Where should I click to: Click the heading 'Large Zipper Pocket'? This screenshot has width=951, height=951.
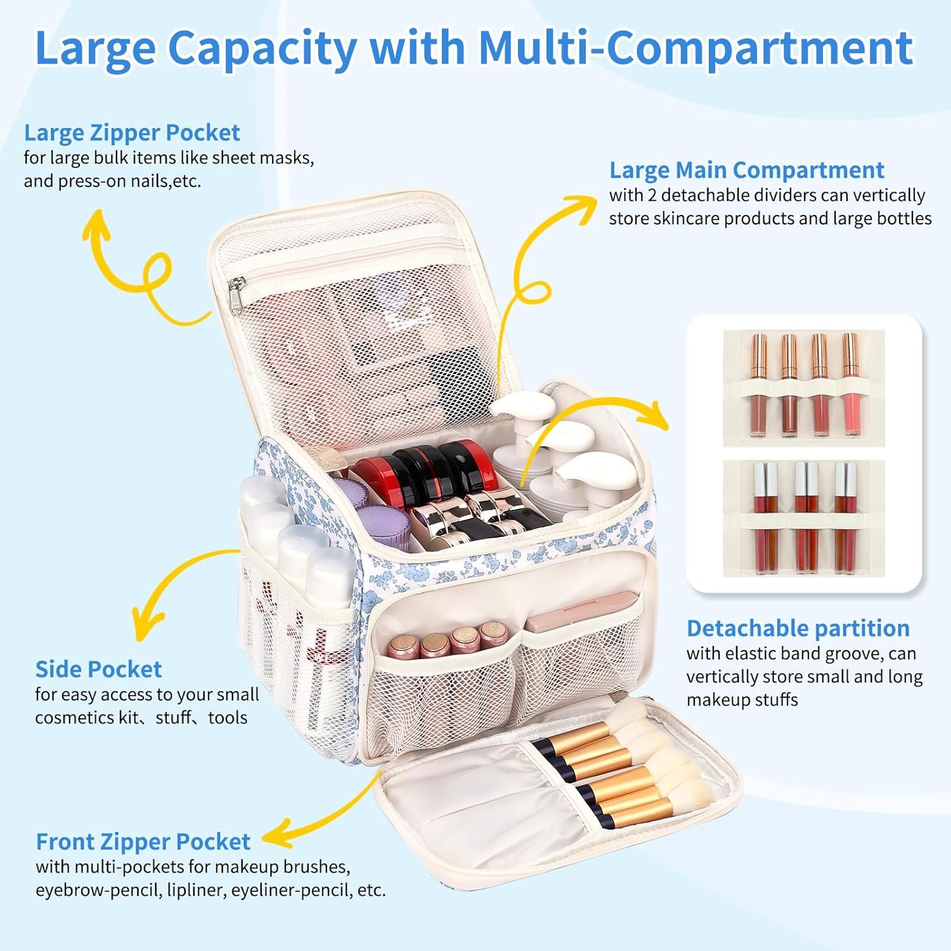pos(132,133)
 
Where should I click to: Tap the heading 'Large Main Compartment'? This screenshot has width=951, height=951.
pos(746,171)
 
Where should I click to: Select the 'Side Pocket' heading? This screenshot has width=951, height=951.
pos(98,670)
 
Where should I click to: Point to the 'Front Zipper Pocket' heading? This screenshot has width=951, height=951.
pos(143,842)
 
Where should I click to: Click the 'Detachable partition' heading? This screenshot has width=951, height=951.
pos(798,628)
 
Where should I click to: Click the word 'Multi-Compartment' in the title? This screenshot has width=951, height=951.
pos(695,48)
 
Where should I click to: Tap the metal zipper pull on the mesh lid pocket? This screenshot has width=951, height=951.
pos(236,295)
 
